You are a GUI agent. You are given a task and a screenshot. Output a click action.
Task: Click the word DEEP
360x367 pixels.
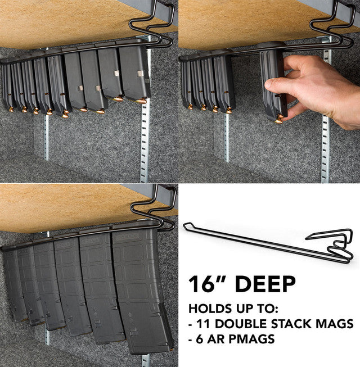tap(264, 283)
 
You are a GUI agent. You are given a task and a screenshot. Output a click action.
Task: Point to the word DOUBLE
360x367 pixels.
tap(236, 324)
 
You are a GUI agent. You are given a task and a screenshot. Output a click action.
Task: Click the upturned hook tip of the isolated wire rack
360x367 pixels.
tap(186, 226)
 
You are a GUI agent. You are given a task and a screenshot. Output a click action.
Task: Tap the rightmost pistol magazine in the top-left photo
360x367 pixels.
tap(134, 73)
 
